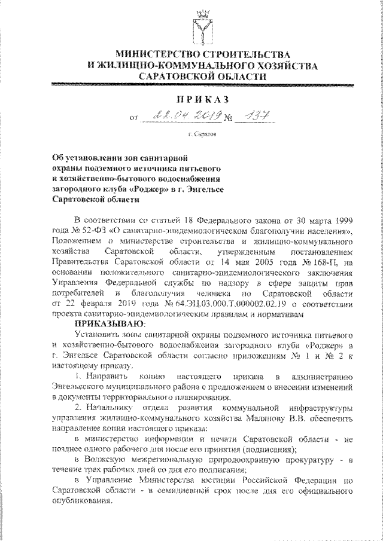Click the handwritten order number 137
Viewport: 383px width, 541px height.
point(247,116)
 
